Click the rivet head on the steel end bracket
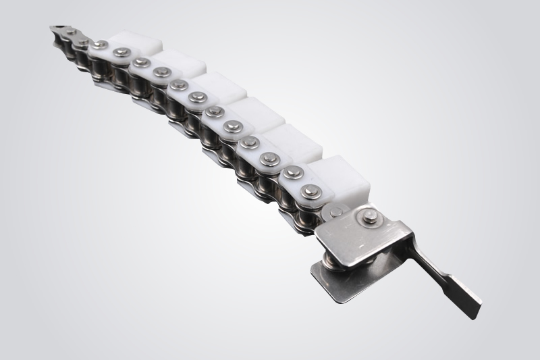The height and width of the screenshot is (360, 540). click(x=370, y=216)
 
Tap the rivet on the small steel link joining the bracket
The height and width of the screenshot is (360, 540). click(x=335, y=212)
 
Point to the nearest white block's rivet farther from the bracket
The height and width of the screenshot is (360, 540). click(x=292, y=173)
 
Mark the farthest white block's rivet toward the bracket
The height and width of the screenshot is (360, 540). click(x=122, y=53)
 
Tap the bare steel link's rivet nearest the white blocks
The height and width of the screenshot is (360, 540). click(x=82, y=43)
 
